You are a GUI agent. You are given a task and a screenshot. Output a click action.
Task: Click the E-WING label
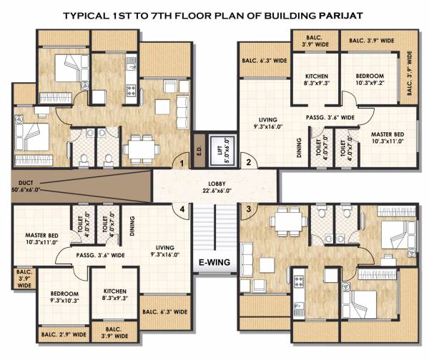(214, 261)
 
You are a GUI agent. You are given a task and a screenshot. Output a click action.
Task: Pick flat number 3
(248, 209)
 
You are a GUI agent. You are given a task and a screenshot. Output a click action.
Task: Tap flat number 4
(184, 209)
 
